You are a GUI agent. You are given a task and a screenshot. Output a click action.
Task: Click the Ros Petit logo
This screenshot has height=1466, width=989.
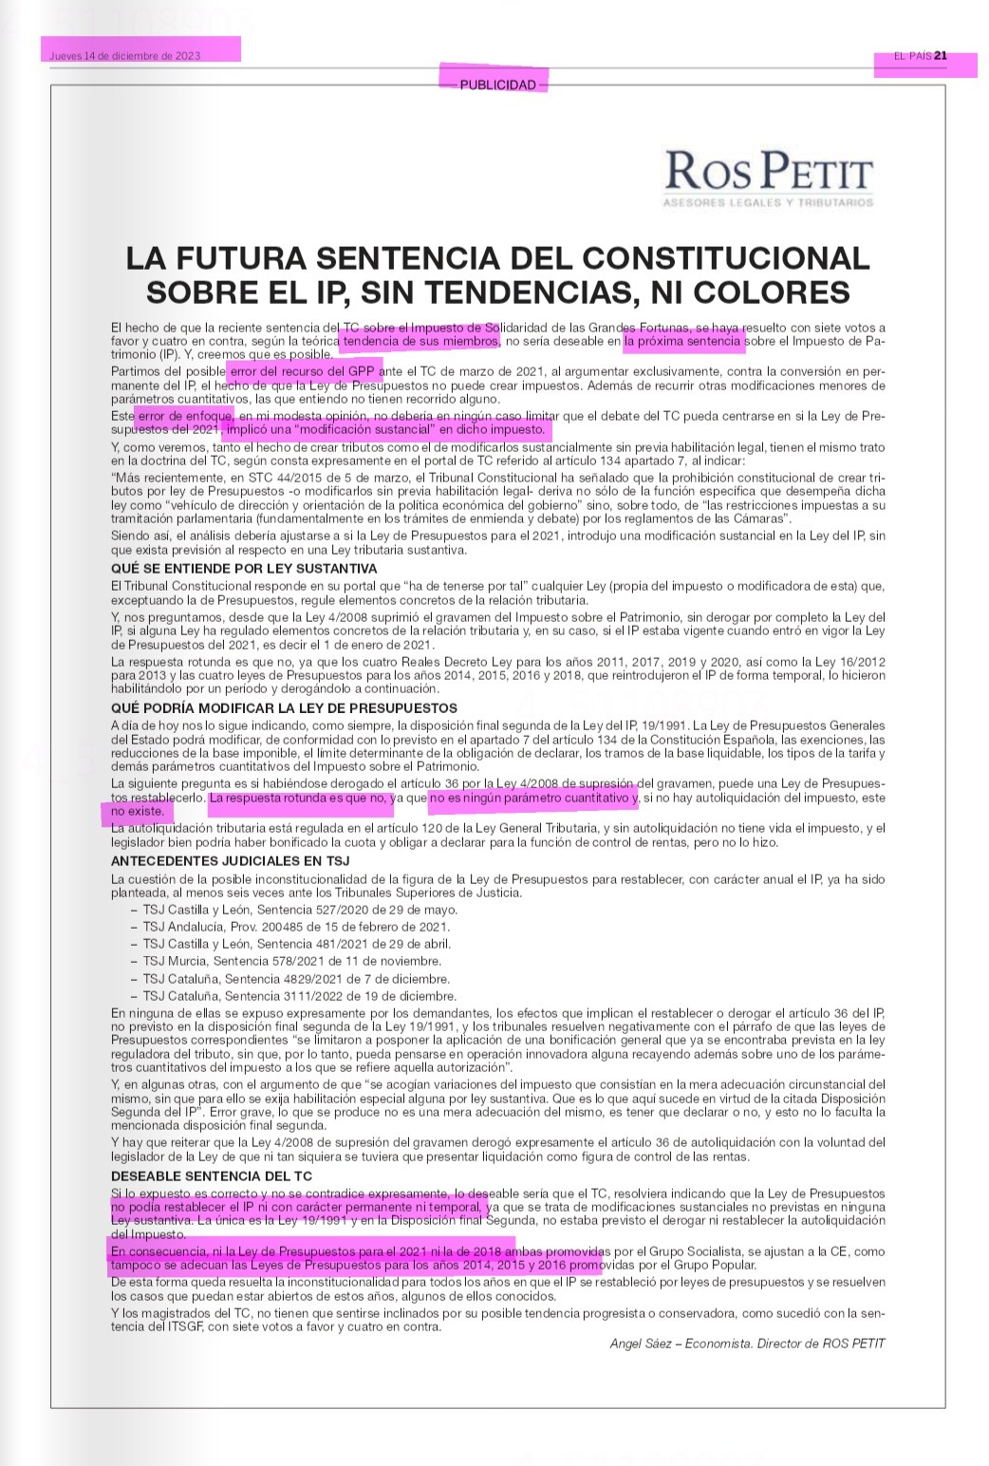769,172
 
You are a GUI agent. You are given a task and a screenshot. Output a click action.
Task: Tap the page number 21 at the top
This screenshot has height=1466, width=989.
941,55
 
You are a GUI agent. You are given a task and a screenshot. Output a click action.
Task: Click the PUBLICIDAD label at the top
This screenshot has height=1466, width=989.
497,85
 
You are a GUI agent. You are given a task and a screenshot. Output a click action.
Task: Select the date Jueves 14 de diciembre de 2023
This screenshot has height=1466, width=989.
125,55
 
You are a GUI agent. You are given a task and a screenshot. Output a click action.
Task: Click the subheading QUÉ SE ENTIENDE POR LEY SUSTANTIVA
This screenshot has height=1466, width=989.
244,569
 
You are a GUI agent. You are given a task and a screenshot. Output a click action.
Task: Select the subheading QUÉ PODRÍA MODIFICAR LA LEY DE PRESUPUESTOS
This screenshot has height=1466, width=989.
284,708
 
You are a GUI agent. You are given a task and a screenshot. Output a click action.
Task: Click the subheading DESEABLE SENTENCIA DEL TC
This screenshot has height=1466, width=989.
211,1176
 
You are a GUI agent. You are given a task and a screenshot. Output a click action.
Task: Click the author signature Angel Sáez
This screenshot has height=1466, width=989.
747,1344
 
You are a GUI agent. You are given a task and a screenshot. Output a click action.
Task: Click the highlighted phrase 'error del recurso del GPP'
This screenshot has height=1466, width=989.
303,371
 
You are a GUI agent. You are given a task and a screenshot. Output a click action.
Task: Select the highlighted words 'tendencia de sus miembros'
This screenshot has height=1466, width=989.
420,341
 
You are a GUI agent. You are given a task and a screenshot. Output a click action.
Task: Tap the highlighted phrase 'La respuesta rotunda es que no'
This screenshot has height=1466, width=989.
300,799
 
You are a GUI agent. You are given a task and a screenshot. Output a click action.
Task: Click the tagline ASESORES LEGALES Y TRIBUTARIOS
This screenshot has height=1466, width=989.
769,202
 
